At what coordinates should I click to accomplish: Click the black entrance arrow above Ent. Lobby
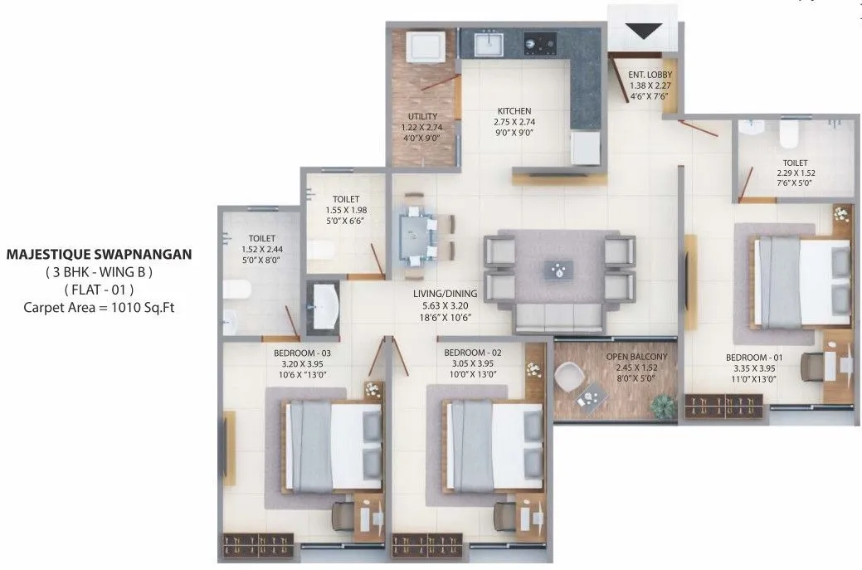pyautogui.click(x=643, y=31)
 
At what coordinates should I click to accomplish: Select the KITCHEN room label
pyautogui.click(x=514, y=111)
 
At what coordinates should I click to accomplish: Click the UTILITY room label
pyautogui.click(x=422, y=117)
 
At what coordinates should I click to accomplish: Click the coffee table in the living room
pyautogui.click(x=562, y=270)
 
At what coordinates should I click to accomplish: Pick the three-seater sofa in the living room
pyautogui.click(x=558, y=318)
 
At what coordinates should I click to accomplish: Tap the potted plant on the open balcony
pyautogui.click(x=663, y=406)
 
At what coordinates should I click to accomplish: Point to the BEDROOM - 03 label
pyautogui.click(x=302, y=352)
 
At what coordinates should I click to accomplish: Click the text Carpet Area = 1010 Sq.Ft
pyautogui.click(x=99, y=307)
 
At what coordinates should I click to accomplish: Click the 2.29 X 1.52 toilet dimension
pyautogui.click(x=794, y=174)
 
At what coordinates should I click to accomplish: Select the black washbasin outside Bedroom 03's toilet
pyautogui.click(x=322, y=304)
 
